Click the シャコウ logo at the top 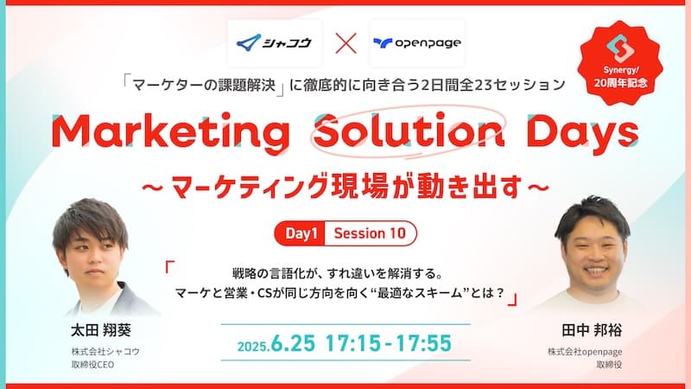(274, 42)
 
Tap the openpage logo (417, 42)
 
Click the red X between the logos (346, 43)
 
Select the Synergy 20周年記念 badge (620, 62)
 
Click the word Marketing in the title (170, 131)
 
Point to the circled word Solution (409, 131)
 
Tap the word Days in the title (582, 131)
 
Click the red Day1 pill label (300, 233)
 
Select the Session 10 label (370, 233)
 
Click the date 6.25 (293, 343)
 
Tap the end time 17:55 (423, 343)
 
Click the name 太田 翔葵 (101, 330)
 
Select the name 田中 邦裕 (592, 330)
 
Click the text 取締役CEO (93, 365)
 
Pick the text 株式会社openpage (585, 352)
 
